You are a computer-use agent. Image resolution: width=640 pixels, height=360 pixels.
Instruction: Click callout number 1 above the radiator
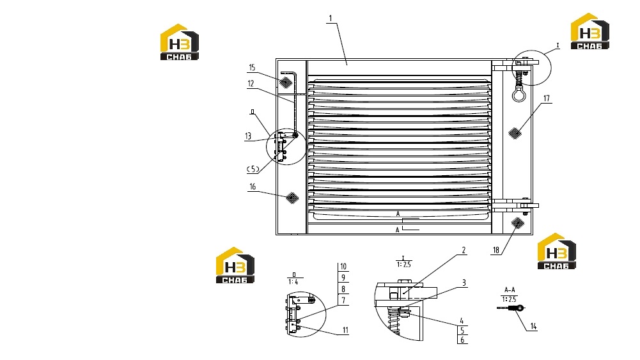coord(331,19)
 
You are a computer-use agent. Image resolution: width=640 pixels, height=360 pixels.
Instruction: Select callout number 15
coord(252,68)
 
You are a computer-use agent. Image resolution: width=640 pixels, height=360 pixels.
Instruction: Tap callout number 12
coord(251,84)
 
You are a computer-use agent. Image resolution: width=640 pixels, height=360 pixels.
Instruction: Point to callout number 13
coord(248,136)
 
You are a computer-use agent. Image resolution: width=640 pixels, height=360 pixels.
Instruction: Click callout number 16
coord(253,187)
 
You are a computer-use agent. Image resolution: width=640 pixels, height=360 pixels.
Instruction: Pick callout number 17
coord(547,98)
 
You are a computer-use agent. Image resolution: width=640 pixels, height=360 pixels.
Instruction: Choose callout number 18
coord(496,250)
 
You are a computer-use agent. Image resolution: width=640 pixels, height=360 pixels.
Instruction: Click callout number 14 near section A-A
coord(533,327)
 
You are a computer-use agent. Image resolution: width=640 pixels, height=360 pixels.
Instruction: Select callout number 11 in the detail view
coord(345,330)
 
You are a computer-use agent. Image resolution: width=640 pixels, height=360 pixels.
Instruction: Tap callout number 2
coord(464,250)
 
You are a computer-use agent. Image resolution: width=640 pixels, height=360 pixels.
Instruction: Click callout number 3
coord(464,283)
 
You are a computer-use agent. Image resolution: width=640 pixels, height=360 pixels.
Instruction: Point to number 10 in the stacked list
coord(343,267)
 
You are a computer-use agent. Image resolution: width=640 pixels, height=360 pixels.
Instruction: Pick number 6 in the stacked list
coord(462,340)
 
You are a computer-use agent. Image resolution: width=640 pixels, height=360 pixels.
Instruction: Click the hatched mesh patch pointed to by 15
coord(286,82)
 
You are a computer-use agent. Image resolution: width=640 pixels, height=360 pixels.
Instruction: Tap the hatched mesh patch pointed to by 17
coord(515,133)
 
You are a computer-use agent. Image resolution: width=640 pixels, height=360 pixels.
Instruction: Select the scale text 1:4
coord(293,282)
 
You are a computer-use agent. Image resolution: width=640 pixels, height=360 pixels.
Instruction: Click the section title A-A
coord(510,290)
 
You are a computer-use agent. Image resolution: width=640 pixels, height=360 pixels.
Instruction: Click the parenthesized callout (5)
coord(253,169)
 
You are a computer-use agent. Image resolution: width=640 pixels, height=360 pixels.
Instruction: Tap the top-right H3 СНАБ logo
coord(589,31)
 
